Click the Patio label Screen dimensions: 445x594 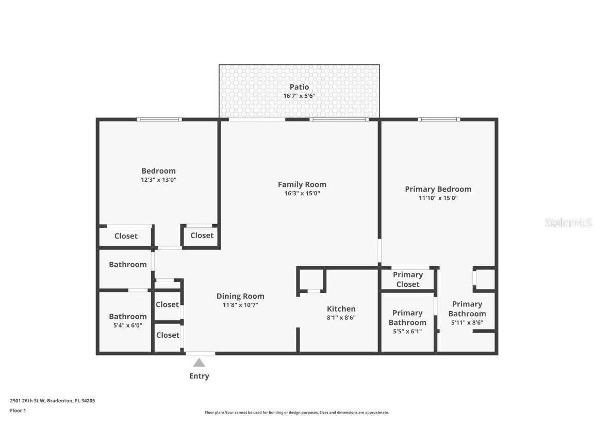pos(299,87)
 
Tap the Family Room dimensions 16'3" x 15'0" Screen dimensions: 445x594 pos(302,194)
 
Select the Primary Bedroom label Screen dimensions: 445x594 pos(438,189)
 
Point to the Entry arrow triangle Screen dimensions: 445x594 pos(199,363)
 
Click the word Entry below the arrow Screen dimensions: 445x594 pos(199,376)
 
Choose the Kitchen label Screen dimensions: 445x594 pos(341,309)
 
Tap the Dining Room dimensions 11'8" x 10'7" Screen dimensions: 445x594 pos(240,305)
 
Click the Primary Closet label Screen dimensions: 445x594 pos(408,279)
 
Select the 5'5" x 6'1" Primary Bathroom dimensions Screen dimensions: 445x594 pos(407,331)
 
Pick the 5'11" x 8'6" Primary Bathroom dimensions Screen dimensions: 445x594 pos(467,323)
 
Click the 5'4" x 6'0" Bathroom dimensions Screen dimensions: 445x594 pos(127,326)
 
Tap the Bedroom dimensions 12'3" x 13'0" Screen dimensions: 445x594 pos(158,180)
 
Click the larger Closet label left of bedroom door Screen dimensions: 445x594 pos(126,236)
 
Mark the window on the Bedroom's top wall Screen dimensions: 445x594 pos(159,119)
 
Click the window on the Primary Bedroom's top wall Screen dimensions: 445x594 pos(439,119)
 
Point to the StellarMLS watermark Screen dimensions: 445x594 pos(568,222)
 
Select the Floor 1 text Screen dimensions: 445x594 pos(18,410)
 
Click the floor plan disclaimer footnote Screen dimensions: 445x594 pos(296,413)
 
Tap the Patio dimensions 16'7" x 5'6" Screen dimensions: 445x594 pos(299,96)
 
